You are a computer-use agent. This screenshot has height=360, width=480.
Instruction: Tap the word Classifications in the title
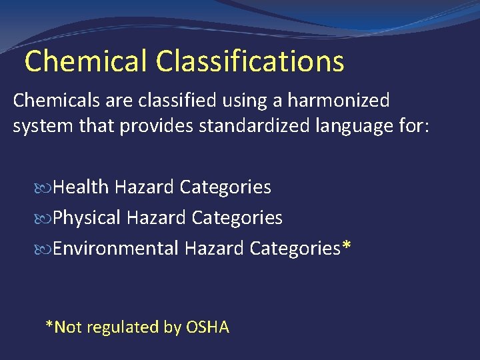point(251,61)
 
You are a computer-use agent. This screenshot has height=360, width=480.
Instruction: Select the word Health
point(81,187)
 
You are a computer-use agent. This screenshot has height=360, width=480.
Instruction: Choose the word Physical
point(87,217)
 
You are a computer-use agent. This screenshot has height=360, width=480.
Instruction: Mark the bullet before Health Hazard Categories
point(45,188)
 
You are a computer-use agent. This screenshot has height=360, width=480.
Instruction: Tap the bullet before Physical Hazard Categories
point(45,218)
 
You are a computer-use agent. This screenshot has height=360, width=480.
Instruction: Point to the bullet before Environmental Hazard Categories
point(45,249)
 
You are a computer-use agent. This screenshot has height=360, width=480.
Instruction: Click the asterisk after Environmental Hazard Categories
point(346,245)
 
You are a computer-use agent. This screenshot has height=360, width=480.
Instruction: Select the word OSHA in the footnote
point(207,327)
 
